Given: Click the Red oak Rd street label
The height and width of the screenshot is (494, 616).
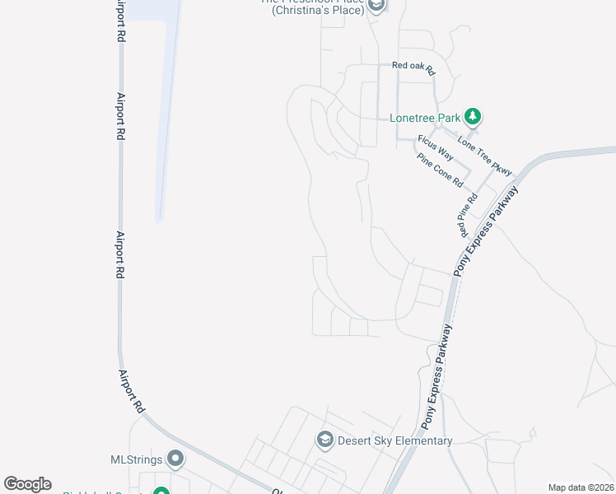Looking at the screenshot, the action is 413,66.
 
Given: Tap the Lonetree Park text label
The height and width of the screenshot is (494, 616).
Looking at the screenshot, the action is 425,118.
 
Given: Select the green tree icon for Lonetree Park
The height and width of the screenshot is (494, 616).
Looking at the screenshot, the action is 473,116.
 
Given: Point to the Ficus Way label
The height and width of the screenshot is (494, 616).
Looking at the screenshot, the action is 436,147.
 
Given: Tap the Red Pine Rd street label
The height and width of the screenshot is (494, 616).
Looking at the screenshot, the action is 468,212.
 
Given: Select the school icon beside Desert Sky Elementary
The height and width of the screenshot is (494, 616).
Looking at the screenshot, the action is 324,440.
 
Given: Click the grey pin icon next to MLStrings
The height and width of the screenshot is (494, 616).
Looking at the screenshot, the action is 175,458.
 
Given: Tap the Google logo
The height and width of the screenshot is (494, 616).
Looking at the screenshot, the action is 27,484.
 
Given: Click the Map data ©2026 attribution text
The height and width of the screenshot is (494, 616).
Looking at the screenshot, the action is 581,487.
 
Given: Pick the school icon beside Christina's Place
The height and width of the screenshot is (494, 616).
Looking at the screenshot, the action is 376,7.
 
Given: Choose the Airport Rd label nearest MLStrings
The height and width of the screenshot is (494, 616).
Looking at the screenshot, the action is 131,386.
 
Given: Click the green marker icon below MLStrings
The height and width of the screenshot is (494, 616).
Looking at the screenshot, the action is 161,492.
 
